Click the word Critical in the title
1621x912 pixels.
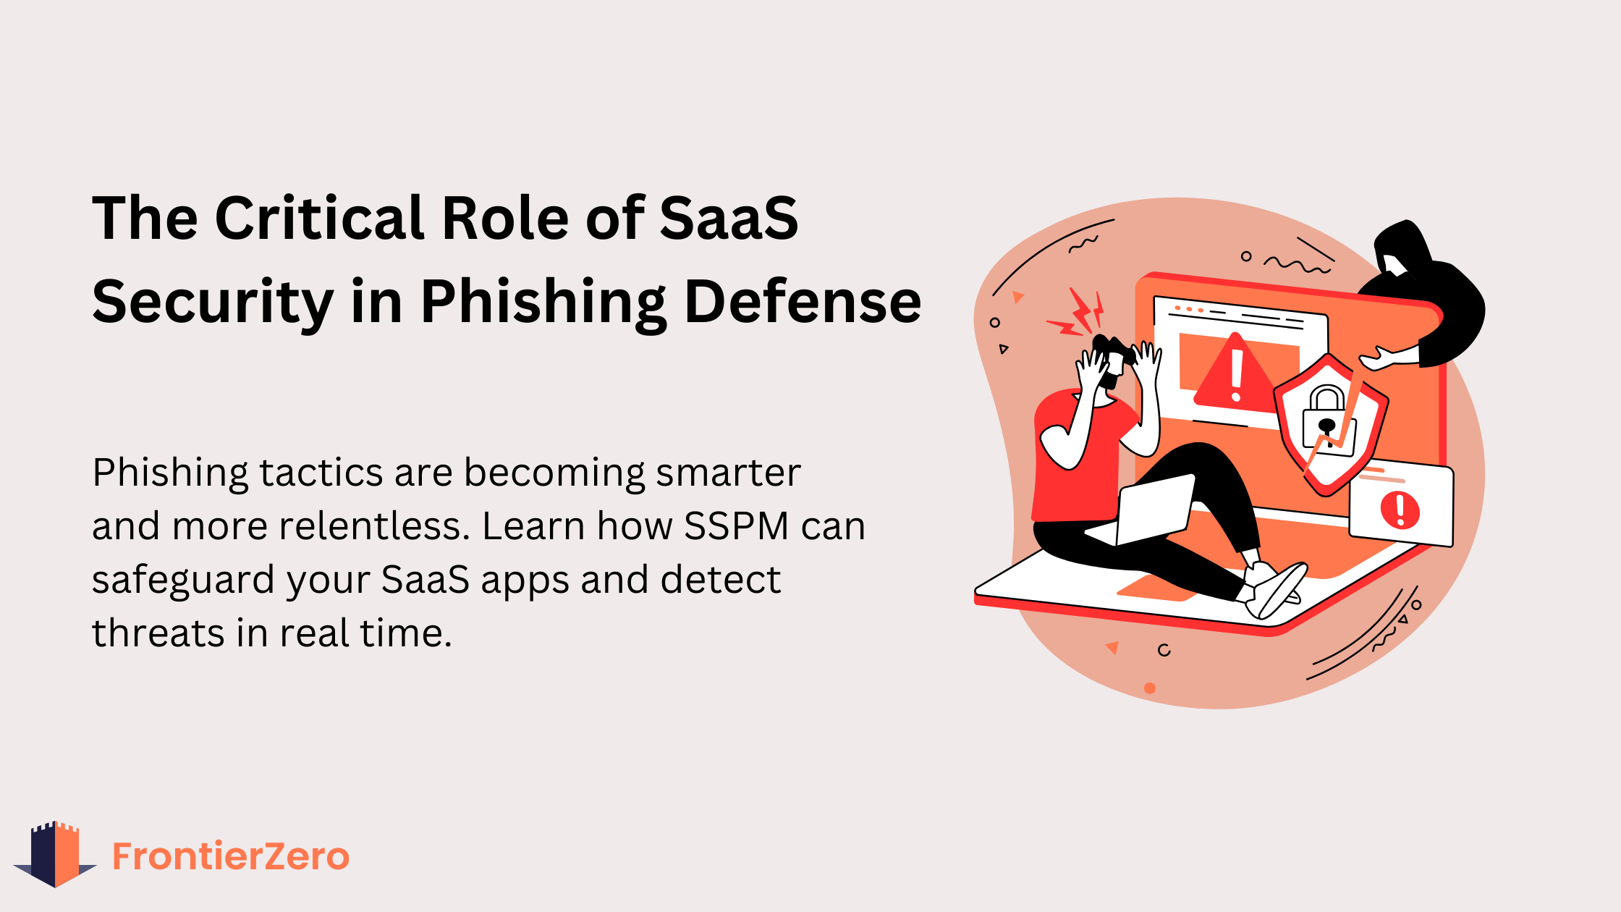pyautogui.click(x=318, y=218)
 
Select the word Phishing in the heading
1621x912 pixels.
pyautogui.click(x=543, y=303)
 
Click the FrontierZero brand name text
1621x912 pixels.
pyautogui.click(x=231, y=856)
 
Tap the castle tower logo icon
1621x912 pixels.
pyautogui.click(x=55, y=854)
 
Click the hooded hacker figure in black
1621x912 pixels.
pyautogui.click(x=1426, y=290)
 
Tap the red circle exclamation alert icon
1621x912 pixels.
pyautogui.click(x=1400, y=510)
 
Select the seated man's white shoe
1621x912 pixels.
pyautogui.click(x=1277, y=590)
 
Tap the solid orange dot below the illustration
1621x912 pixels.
pyautogui.click(x=1150, y=688)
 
